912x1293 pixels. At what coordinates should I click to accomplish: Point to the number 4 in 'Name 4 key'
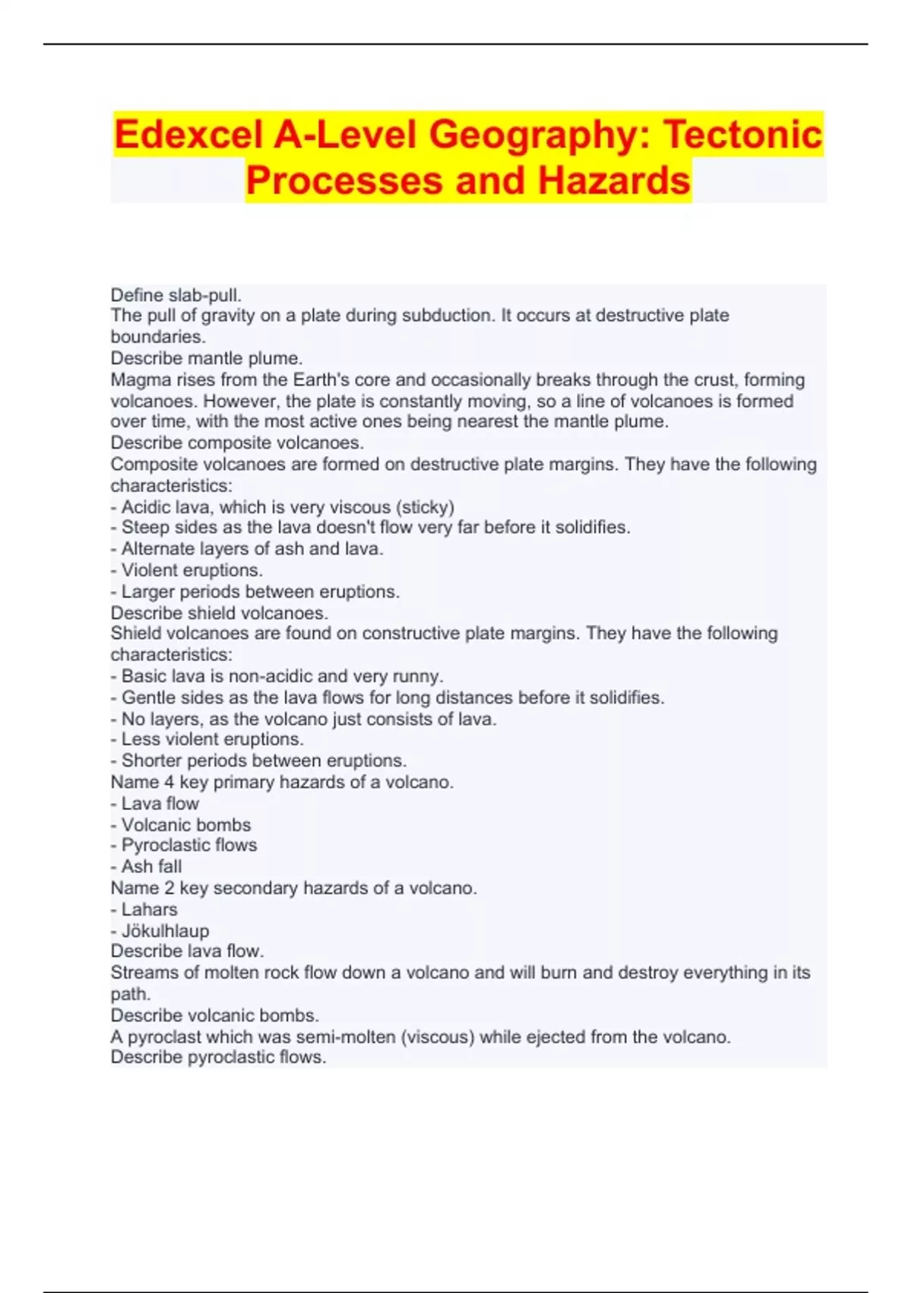[x=169, y=782]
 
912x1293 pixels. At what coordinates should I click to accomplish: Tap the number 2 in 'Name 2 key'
[x=169, y=888]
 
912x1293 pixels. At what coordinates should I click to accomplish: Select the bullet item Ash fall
[x=151, y=866]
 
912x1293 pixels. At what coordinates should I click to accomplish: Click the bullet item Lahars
[x=149, y=909]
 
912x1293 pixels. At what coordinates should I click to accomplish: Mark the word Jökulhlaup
[x=165, y=930]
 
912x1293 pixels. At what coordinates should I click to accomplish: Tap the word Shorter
[x=152, y=761]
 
